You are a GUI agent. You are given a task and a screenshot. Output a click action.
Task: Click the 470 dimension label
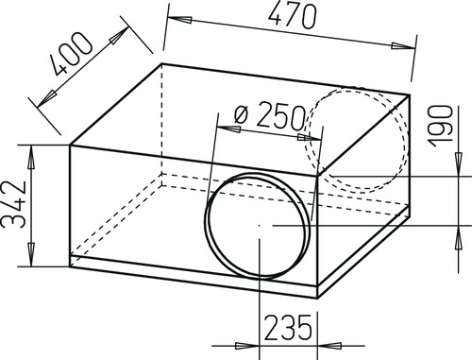coord(292,16)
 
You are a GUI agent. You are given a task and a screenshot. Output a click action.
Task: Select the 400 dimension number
coord(72,54)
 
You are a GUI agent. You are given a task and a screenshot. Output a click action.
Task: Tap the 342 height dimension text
coord(13,205)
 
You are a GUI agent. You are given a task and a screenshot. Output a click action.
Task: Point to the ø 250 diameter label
coord(270,116)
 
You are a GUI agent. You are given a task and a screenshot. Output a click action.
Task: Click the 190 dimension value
coord(441,126)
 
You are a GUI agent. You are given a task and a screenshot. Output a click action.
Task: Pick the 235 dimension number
coord(288,328)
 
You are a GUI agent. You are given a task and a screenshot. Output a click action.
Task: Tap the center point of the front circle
coord(259,226)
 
